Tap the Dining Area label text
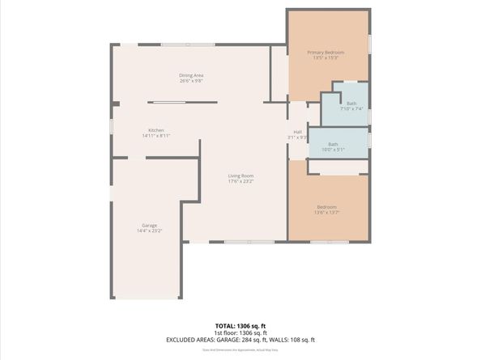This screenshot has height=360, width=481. point(191,75)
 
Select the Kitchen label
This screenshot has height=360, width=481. point(155,130)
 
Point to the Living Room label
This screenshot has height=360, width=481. point(240,176)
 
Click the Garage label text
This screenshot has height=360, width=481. point(149,225)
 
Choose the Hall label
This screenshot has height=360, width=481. point(297,132)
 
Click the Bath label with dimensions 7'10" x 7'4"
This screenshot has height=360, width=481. point(351,103)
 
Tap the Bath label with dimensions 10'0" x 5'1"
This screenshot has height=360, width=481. point(333,144)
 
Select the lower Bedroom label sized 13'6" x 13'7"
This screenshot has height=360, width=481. point(326,207)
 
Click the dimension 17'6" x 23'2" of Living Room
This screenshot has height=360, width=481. point(240,181)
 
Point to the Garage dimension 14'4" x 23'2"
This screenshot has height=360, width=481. point(149,231)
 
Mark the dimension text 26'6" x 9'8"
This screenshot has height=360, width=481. point(191,81)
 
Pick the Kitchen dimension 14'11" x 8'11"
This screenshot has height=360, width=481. point(155,136)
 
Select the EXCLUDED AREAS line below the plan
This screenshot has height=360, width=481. point(240,340)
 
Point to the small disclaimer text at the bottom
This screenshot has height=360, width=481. point(240,349)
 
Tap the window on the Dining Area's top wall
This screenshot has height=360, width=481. point(187,44)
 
